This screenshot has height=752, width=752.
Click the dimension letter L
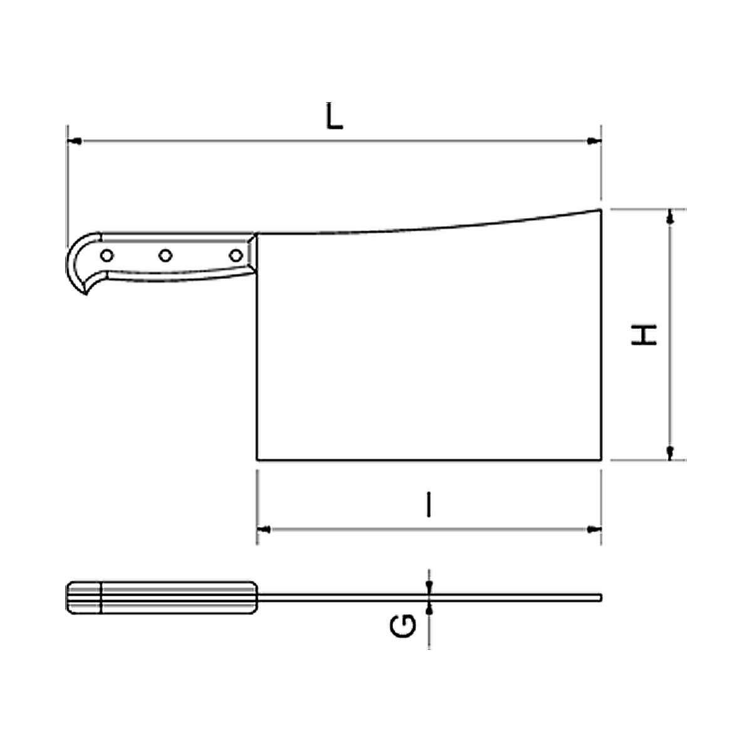click(335, 116)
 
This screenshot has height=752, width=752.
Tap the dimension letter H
click(644, 335)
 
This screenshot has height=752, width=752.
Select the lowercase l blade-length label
click(429, 504)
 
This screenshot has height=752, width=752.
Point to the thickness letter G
click(403, 626)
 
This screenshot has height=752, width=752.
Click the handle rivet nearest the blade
click(236, 256)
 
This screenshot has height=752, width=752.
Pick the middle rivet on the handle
click(165, 256)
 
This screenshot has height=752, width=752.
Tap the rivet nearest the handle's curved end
click(107, 256)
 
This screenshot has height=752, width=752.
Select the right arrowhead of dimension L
click(594, 141)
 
